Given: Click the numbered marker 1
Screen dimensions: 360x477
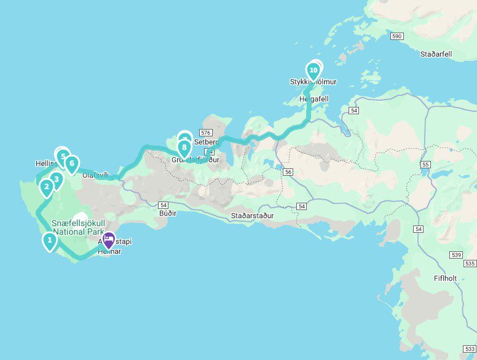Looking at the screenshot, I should coord(49,240).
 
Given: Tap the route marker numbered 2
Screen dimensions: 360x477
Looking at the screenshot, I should coord(47,187).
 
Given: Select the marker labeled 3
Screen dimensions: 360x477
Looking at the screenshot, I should coord(56,180).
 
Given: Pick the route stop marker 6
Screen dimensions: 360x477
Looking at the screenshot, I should coord(72,164).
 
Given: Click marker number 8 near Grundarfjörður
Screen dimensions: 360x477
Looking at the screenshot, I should coord(184,147).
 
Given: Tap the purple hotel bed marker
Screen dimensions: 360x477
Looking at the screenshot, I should coord(109,239).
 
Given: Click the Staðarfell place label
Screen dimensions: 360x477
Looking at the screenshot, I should coord(436,54).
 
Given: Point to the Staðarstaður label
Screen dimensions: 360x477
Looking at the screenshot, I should coord(252,216).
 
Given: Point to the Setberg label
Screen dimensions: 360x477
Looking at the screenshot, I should coord(206,142).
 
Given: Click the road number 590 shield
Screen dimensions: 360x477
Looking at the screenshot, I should coord(396,37).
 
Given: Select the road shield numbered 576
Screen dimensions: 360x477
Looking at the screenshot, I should coord(205,133).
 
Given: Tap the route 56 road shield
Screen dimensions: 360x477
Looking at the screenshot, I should coord(288,173).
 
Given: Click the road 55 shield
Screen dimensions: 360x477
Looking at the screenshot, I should coord(425,165).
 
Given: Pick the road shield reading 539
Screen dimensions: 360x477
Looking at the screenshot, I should coord(455,254).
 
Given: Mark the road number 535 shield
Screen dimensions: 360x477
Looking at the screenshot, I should coord(470,264).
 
